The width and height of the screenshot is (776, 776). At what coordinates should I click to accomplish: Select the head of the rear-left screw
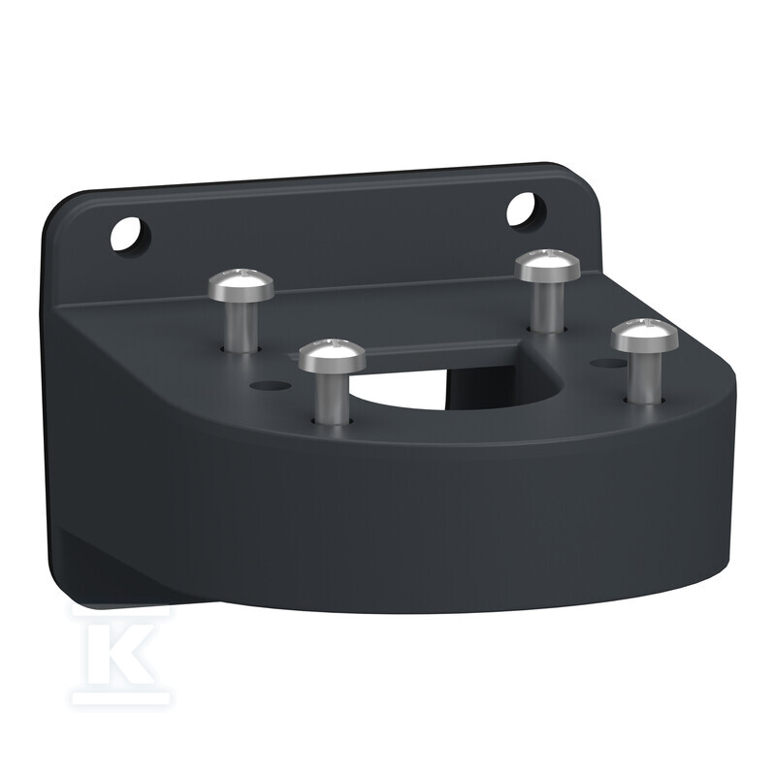pos(241,284)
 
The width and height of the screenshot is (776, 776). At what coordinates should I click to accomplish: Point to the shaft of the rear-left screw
pos(242,326)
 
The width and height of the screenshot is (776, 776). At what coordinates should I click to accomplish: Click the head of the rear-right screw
pos(547,265)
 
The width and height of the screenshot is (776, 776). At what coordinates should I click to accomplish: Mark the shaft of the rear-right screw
pos(547,306)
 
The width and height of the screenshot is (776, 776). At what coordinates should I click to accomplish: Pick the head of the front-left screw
pos(332,355)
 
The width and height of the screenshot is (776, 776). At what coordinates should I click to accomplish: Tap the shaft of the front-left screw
pos(332,399)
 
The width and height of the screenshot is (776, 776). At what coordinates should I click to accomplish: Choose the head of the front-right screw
pos(644,337)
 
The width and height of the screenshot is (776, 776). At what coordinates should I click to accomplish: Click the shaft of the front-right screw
pos(644,378)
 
